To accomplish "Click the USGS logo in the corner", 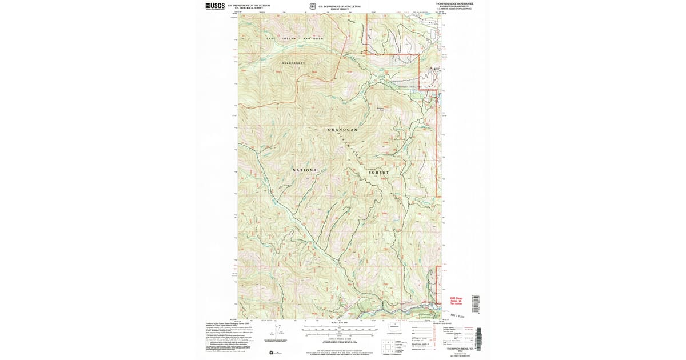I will [x=214, y=6].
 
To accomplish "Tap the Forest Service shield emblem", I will [x=312, y=7].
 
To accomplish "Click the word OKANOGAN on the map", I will [x=342, y=130].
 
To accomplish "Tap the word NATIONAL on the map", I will [x=306, y=170].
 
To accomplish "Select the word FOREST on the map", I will [x=378, y=172].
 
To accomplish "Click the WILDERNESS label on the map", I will [x=293, y=62].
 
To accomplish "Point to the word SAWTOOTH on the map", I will [x=313, y=38].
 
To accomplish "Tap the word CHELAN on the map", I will [x=290, y=38].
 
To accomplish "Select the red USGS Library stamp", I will [x=455, y=299].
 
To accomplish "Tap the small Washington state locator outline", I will [x=394, y=327].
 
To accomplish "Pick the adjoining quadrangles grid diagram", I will [x=388, y=346].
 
